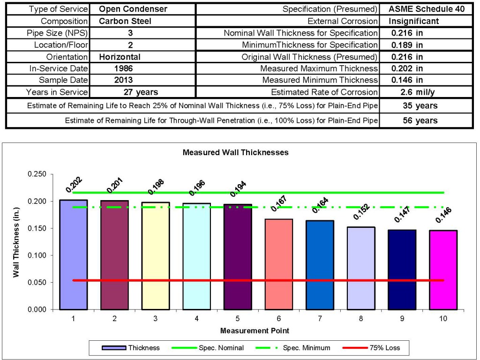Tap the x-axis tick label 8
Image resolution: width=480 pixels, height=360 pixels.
point(361,318)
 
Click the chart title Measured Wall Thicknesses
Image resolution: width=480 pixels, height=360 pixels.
point(235,152)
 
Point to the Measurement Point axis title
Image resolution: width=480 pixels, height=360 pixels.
point(255,330)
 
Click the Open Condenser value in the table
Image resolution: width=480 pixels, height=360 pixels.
point(133,9)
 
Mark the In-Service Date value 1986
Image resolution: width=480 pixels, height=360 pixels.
point(124,68)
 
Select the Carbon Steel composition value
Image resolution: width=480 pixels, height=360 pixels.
point(126,21)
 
